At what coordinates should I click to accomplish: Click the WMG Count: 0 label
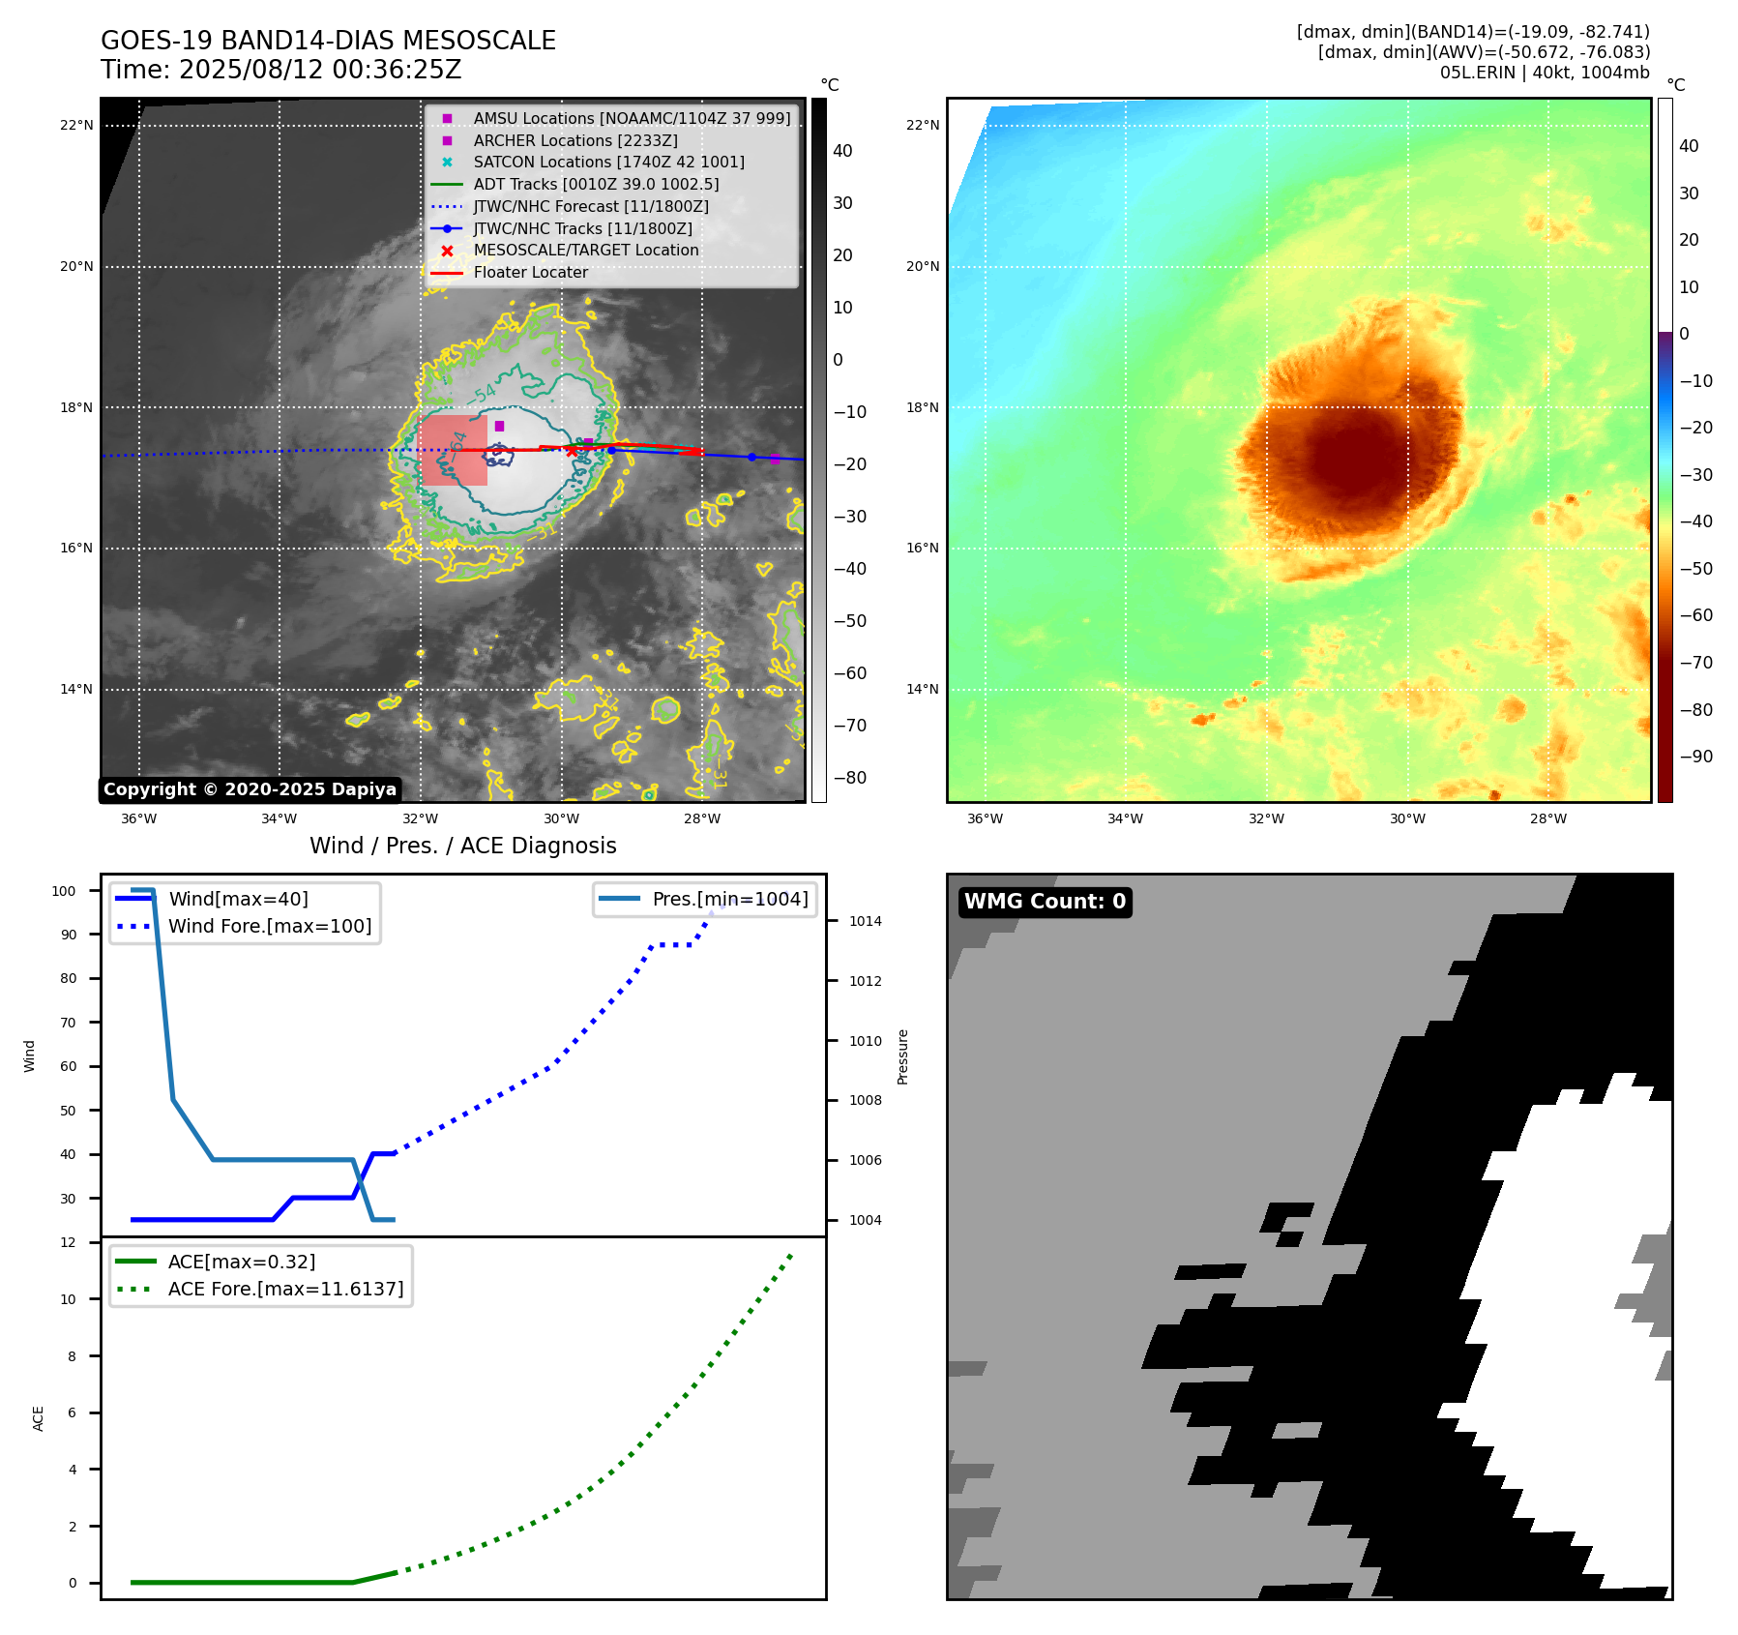coord(1045,902)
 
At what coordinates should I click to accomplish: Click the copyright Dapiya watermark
coord(250,789)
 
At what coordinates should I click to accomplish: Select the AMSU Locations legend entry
coord(631,118)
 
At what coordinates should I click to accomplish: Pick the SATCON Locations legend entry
coord(608,163)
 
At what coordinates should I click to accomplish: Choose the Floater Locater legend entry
coord(530,273)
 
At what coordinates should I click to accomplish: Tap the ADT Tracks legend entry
coord(596,184)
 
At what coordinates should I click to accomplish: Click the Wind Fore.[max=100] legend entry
coord(269,926)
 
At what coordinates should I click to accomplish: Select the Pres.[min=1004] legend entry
coord(729,899)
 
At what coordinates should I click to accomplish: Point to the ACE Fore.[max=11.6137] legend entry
coord(285,1289)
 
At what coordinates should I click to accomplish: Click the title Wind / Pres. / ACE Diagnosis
coord(462,846)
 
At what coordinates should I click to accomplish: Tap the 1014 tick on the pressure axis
coord(865,921)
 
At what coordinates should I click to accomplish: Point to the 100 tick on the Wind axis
coord(64,891)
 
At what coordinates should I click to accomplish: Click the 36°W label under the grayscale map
coord(138,818)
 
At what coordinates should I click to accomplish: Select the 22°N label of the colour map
coord(923,125)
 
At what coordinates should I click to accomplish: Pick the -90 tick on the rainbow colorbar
coord(1695,757)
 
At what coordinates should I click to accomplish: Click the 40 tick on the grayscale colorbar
coord(842,151)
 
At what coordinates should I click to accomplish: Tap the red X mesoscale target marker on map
coord(572,451)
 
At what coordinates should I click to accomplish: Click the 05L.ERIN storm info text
coord(1544,73)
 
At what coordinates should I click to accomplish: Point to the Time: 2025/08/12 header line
coord(280,70)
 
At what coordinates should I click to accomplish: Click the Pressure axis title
coord(902,1056)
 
